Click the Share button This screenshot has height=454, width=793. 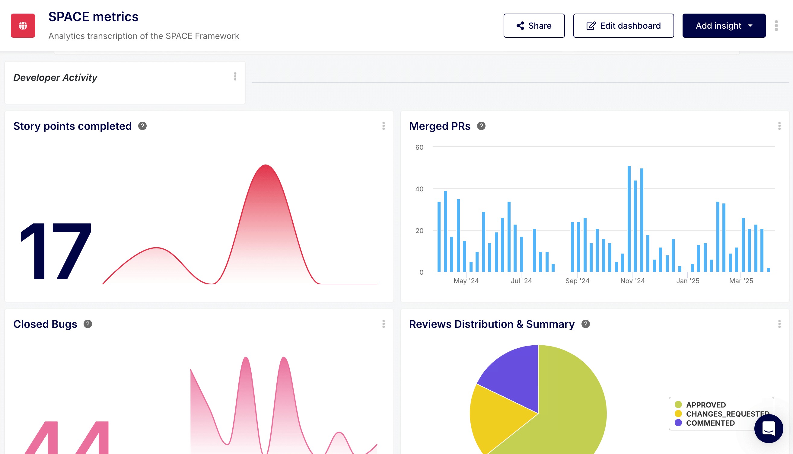click(534, 26)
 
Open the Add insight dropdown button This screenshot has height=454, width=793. click(724, 26)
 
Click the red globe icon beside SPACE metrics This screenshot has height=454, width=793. click(23, 26)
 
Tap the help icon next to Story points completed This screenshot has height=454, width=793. click(142, 126)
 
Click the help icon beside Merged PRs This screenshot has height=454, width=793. click(481, 126)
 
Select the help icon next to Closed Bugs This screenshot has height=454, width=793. click(88, 324)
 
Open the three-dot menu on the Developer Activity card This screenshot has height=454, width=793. click(235, 77)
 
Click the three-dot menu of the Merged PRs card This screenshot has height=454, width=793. click(779, 126)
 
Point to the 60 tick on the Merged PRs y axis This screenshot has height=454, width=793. click(419, 147)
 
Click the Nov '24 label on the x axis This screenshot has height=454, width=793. click(632, 281)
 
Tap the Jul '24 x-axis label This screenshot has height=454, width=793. click(521, 281)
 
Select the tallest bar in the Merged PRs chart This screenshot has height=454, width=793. click(629, 218)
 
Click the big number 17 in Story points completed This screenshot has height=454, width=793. click(56, 251)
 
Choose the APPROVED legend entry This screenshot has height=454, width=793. click(705, 405)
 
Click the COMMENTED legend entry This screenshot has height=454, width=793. click(710, 423)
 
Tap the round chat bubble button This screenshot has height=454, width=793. click(768, 428)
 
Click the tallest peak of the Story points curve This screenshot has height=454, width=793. click(266, 165)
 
